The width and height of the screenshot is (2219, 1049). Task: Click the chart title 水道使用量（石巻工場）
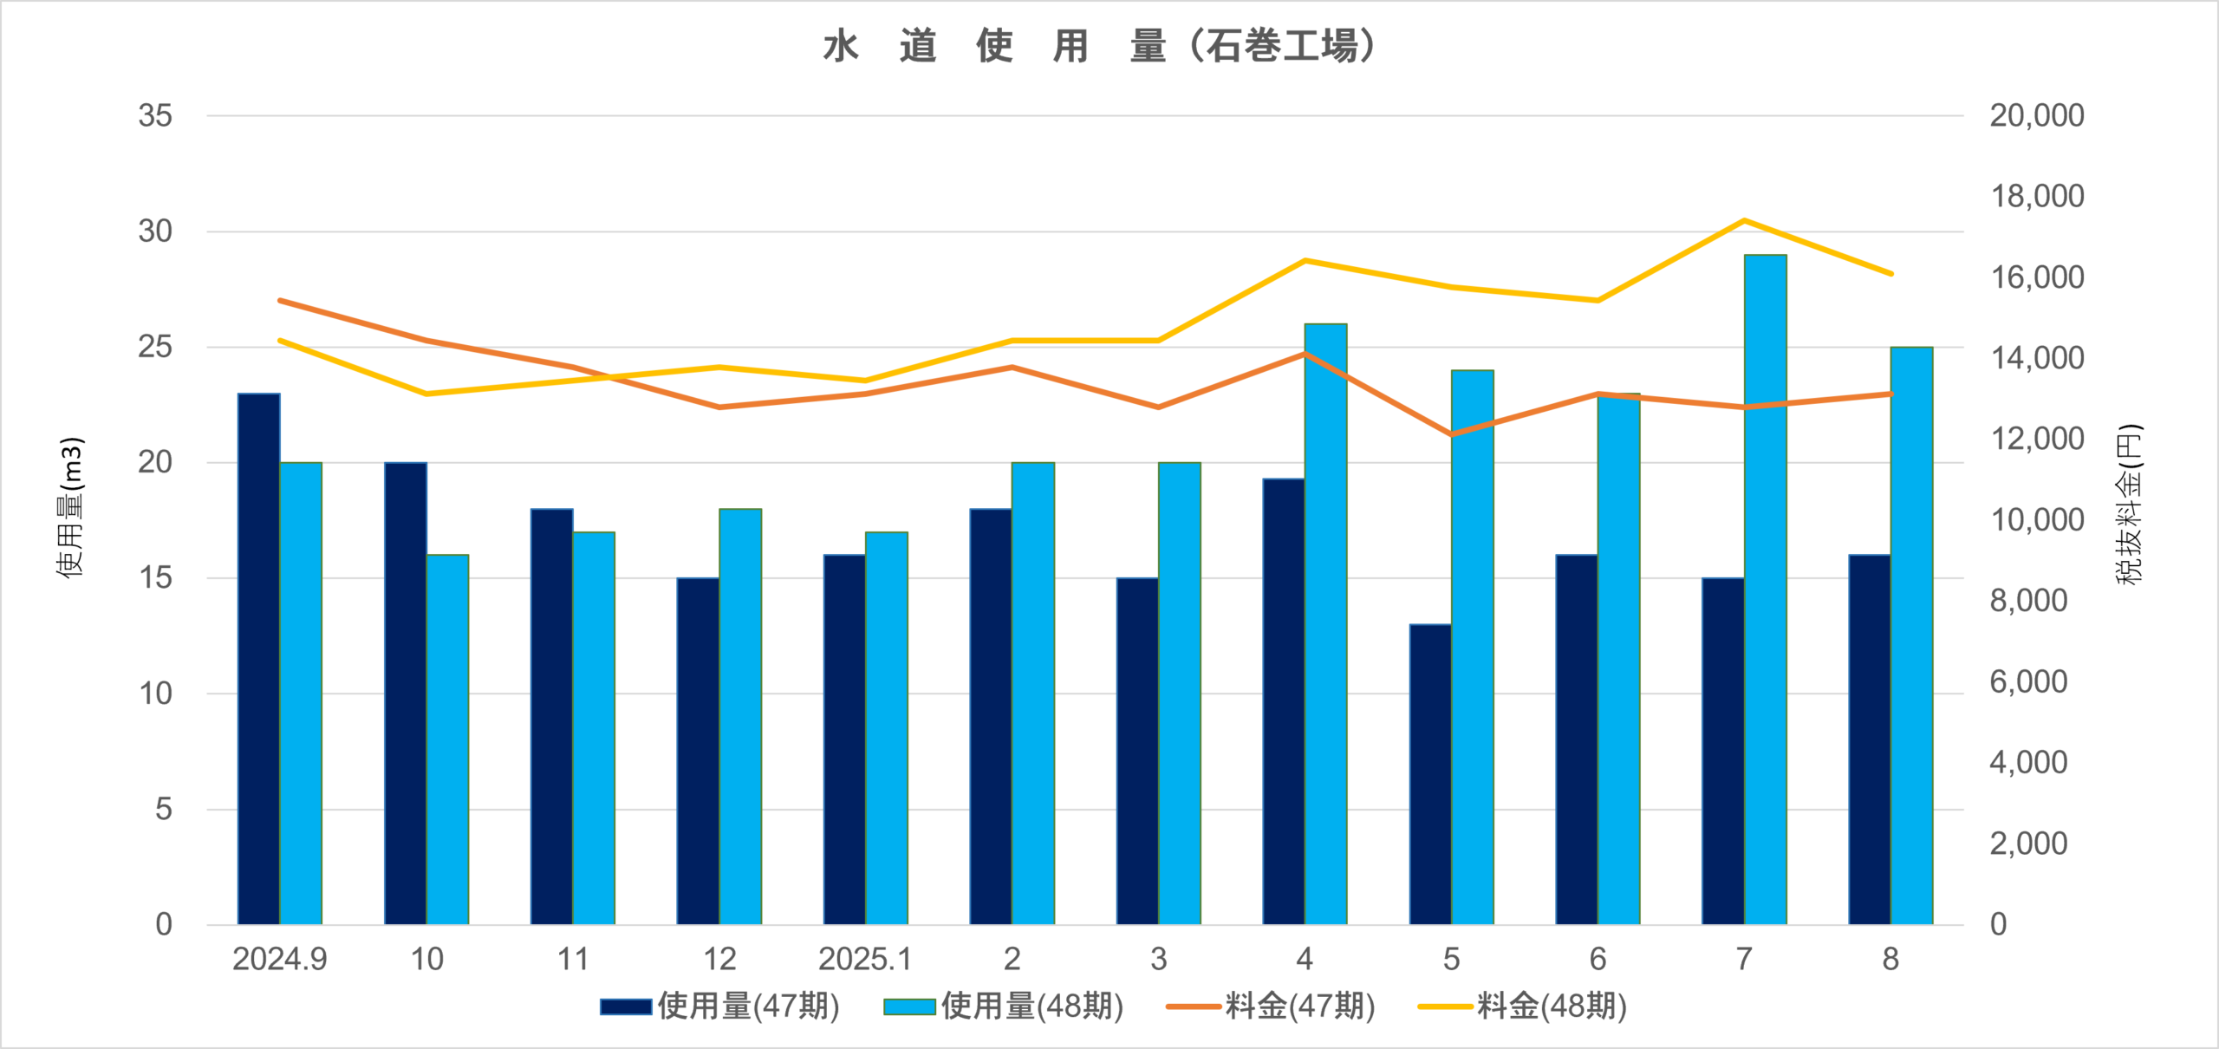1099,46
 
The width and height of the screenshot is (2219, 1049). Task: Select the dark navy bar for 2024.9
258,659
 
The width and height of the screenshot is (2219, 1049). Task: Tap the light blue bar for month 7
1765,590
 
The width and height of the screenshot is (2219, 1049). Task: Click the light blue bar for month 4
1325,624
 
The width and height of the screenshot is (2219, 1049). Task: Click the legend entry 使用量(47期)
719,1007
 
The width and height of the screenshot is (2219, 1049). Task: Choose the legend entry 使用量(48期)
1004,1007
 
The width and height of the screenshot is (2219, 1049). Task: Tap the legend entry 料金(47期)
1272,1007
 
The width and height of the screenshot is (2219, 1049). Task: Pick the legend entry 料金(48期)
1523,1007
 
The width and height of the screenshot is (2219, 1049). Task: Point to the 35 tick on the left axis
156,115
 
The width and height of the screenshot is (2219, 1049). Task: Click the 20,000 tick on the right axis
2036,115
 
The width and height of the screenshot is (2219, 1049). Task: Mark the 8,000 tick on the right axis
2028,601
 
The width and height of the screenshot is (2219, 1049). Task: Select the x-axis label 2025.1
865,959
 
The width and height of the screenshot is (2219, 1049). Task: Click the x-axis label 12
719,959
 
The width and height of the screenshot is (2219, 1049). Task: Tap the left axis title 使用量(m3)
71,507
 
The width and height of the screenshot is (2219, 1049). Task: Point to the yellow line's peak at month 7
1744,220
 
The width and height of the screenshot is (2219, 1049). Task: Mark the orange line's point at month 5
1452,434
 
